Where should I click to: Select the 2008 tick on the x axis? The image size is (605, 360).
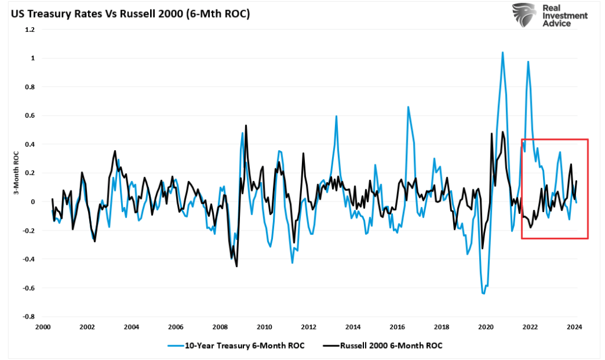pos(220,327)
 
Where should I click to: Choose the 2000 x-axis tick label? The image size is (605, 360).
pos(43,327)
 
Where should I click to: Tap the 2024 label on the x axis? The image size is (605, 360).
pos(574,327)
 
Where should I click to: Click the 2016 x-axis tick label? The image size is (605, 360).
pos(397,327)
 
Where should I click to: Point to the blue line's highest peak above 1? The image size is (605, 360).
pos(503,52)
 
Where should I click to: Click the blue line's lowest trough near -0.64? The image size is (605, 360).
pos(484,293)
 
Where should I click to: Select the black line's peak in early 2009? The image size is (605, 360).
pos(246,125)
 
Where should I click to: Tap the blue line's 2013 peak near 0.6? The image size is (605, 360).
pos(336,116)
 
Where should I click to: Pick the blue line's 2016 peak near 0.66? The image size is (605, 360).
pos(408,107)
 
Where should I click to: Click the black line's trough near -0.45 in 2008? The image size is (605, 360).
pos(237,266)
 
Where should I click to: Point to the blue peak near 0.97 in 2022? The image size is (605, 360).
pos(528,61)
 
